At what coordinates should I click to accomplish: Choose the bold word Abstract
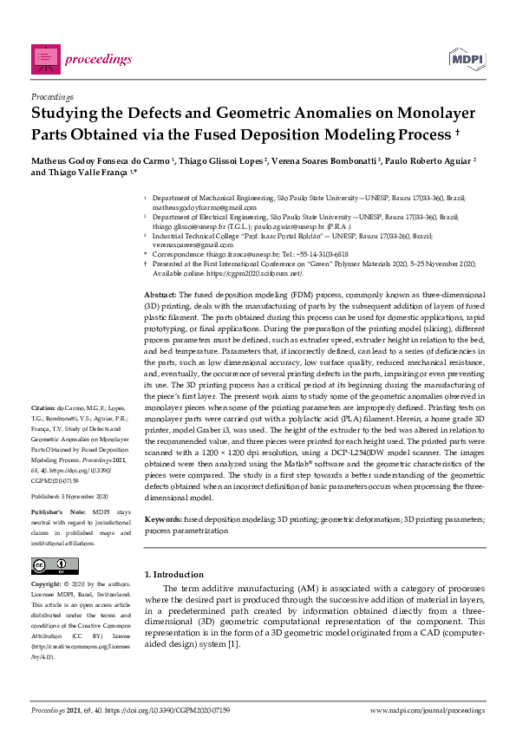tap(160, 296)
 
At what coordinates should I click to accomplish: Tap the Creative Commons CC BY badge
tap(55, 566)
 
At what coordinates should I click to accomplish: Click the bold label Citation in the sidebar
tap(43, 407)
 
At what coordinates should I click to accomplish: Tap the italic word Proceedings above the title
tap(52, 96)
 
